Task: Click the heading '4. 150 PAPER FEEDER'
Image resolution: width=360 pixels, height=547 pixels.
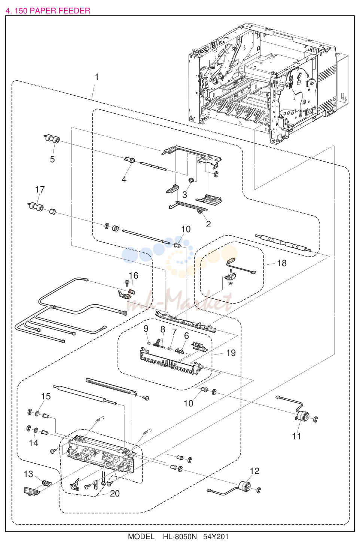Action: [48, 11]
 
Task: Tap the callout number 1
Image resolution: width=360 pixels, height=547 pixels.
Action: [97, 77]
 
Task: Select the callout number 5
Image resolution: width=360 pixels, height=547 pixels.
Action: [52, 159]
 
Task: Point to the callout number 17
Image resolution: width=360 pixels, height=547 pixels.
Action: [40, 190]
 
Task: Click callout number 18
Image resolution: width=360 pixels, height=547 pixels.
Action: [282, 263]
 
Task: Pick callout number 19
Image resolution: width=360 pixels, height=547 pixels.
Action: [231, 353]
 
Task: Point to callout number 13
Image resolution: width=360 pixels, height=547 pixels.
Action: [28, 474]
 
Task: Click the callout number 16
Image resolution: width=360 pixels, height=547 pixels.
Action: [134, 276]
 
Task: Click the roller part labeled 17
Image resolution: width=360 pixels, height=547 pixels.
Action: [36, 207]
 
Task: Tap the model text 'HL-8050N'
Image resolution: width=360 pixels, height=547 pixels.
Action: [180, 537]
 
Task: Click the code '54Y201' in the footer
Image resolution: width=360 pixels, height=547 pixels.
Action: [216, 537]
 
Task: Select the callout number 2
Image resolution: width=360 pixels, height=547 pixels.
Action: [208, 224]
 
